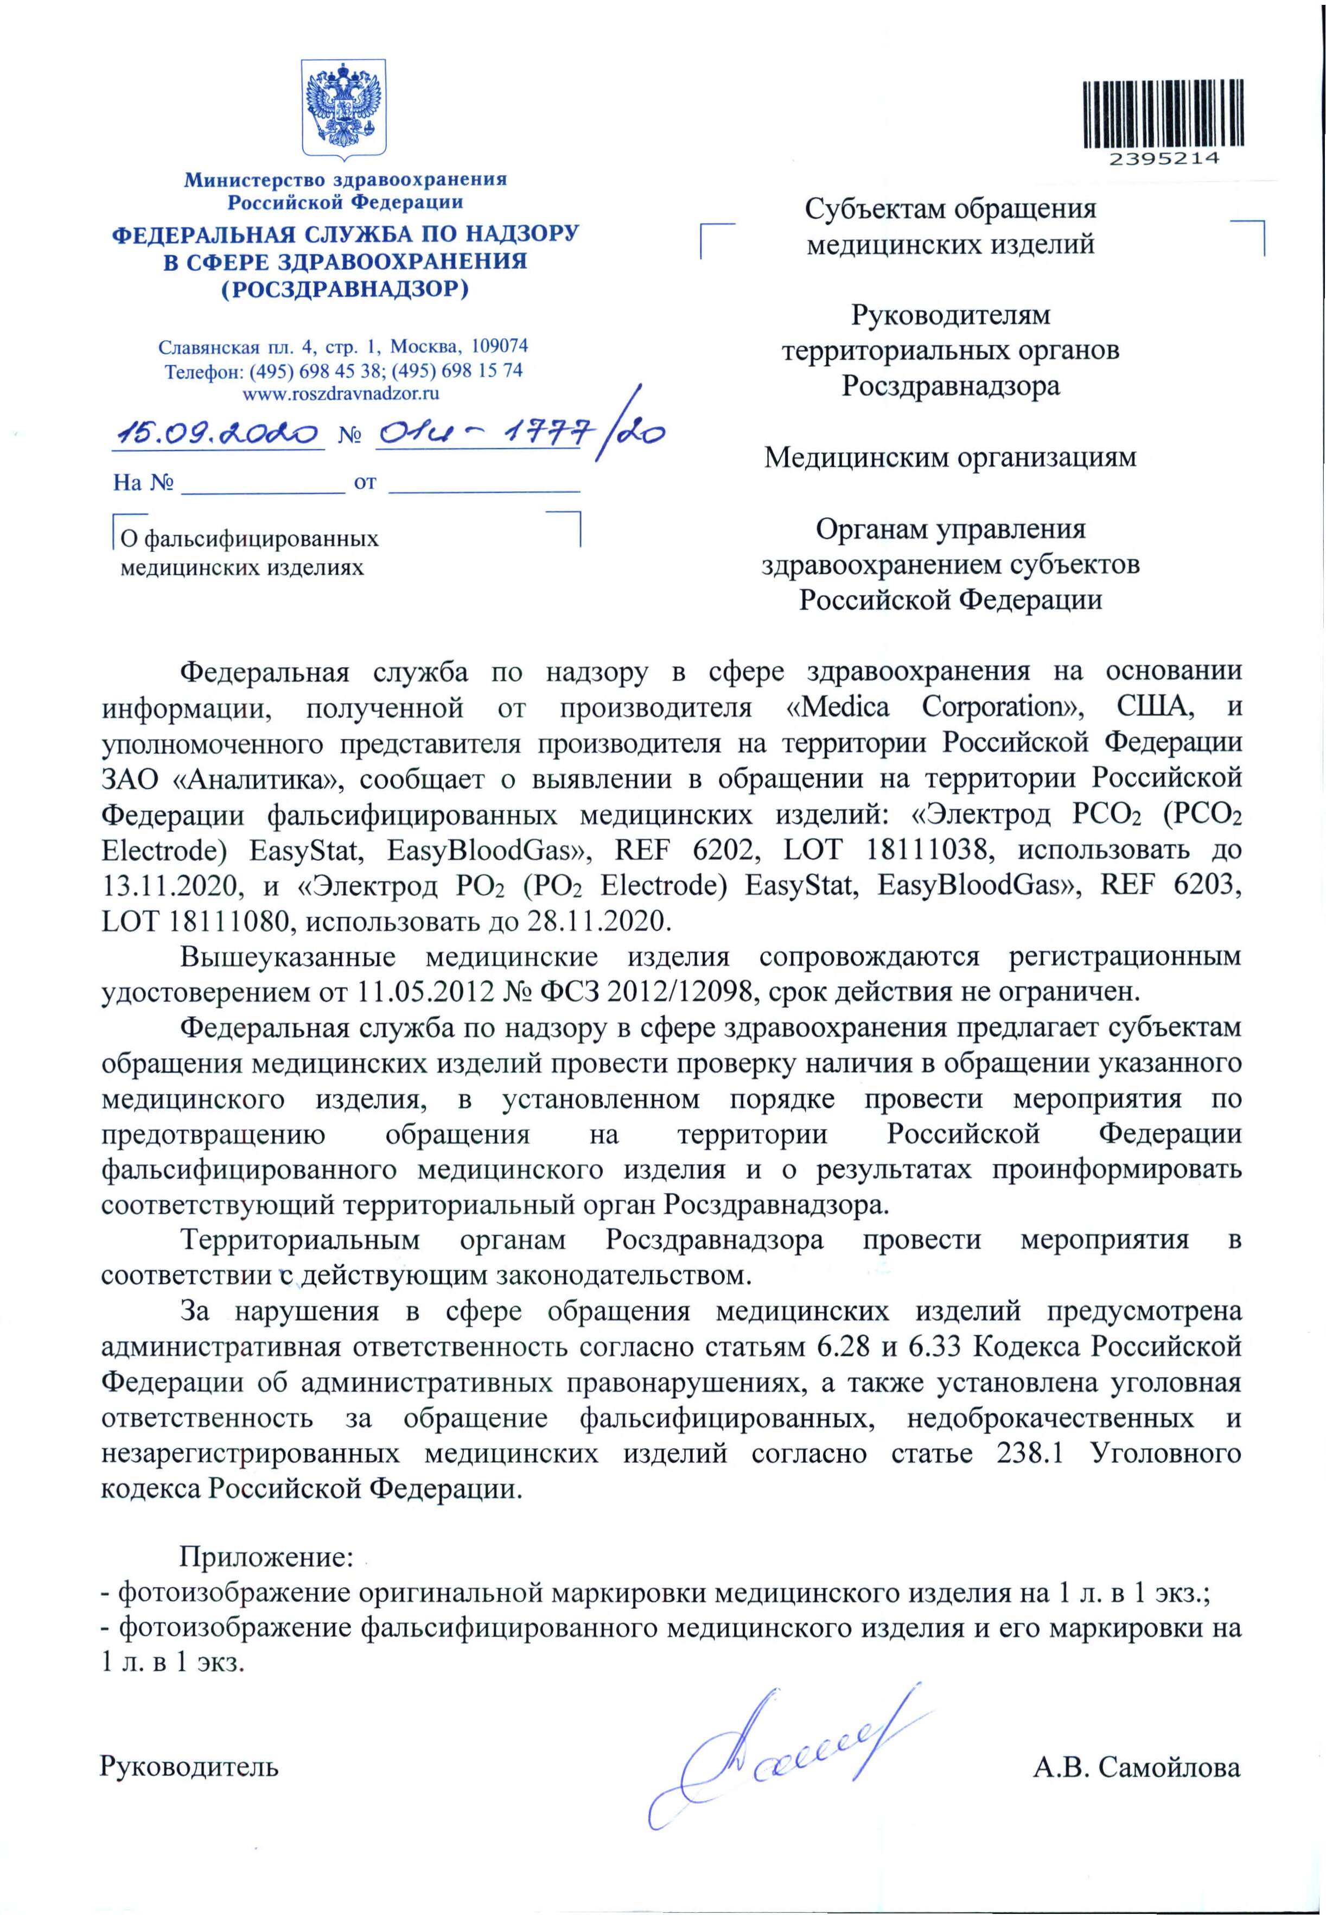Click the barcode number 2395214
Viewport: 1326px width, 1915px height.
(x=1163, y=158)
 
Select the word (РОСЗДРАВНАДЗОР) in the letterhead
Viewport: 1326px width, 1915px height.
(x=345, y=289)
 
